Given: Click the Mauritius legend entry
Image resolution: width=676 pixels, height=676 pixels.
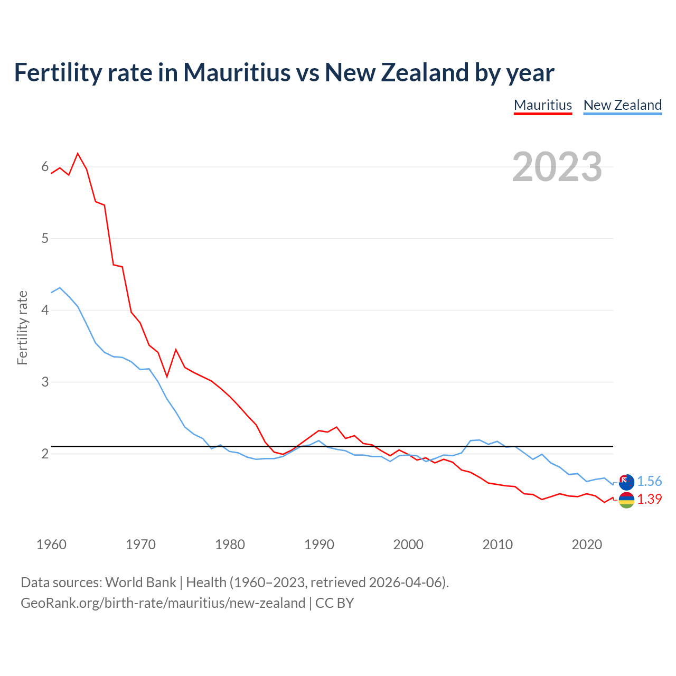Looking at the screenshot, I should (542, 105).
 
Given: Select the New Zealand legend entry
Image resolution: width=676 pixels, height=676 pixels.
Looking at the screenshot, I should (622, 105).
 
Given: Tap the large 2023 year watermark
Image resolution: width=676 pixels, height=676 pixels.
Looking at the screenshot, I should (557, 167).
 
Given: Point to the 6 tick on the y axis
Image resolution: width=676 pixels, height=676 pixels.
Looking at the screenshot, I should (45, 167).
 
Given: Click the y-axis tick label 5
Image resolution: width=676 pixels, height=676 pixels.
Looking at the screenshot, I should (45, 238).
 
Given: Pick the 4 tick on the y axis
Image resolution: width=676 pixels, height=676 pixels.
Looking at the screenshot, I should (45, 310).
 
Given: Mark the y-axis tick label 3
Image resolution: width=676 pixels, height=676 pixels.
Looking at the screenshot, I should (45, 382).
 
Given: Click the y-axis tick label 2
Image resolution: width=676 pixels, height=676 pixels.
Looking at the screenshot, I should (45, 454).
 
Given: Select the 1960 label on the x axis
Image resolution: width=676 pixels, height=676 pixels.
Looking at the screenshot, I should (51, 544).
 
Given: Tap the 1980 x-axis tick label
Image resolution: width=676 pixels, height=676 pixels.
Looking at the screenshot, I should (230, 544).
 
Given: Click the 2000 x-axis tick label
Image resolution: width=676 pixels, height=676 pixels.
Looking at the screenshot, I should (408, 544).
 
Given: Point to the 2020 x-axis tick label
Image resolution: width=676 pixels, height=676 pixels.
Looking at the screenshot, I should (587, 544).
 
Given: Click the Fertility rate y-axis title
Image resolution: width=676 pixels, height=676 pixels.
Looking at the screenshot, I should (22, 327).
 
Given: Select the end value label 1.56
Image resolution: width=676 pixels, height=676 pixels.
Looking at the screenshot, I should (649, 481).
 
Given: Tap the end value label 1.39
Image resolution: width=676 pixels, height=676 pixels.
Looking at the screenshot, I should (649, 499).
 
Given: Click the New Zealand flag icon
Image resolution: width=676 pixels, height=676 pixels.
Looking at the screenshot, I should (626, 482).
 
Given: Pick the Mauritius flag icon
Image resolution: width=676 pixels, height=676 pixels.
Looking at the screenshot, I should (626, 500).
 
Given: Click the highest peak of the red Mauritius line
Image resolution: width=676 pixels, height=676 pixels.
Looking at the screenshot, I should (78, 154).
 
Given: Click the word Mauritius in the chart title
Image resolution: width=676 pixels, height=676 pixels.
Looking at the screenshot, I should (237, 72).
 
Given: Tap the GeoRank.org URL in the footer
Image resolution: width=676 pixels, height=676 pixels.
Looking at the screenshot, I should (163, 603).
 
